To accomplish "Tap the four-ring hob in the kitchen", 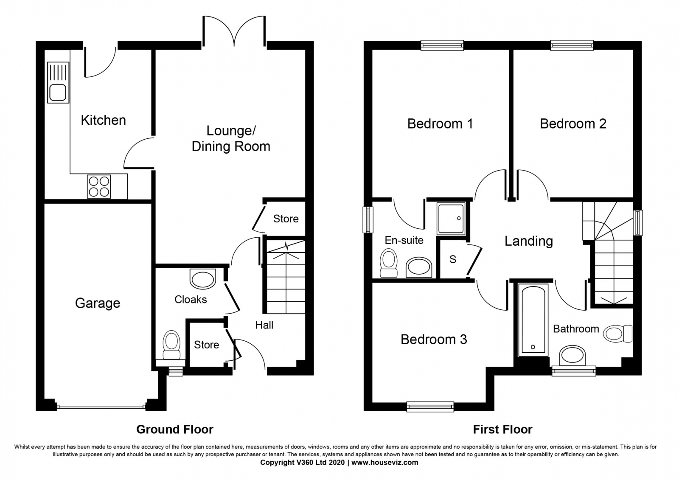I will point(99,186).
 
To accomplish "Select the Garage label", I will point(98,303).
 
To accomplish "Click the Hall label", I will point(264,325).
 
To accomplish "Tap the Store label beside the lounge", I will point(286,219).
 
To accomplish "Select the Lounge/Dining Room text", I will point(231,138).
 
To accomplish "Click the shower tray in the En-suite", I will point(452,219).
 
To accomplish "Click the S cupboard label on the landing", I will point(453,259).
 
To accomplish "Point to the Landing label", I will point(528,241).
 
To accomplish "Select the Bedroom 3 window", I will point(430,407).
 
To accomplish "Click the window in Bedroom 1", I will point(442,45).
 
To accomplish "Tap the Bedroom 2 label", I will point(573,124).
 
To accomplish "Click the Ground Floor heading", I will point(174,429).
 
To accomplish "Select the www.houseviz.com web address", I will point(384,463).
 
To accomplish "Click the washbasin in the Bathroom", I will point(572,355).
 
